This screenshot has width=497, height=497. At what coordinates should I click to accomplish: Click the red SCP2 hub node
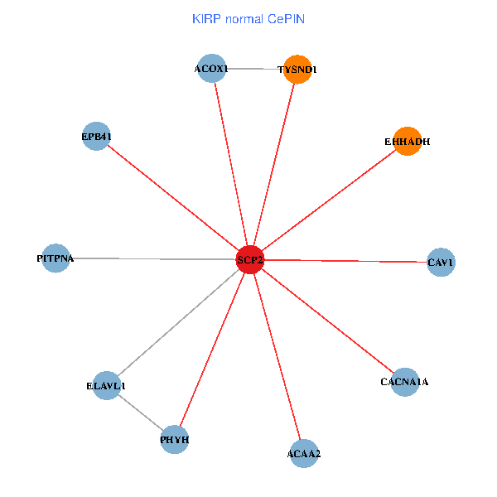click(x=249, y=260)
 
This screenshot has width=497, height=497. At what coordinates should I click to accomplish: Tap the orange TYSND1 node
click(x=297, y=70)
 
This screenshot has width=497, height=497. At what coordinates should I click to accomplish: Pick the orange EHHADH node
click(x=407, y=141)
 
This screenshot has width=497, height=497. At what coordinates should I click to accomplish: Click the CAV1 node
click(x=441, y=263)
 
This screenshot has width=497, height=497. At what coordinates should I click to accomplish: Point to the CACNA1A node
click(x=404, y=382)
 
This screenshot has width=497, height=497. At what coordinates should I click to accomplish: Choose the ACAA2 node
click(x=304, y=453)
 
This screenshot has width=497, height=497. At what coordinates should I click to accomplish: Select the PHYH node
click(x=175, y=439)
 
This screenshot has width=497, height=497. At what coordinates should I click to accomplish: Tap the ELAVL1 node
click(x=106, y=386)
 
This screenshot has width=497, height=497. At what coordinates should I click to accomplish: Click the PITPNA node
click(x=55, y=258)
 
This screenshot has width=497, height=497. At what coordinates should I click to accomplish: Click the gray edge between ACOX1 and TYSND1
click(x=254, y=69)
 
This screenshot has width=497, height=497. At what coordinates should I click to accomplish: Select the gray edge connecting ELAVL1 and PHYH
click(x=140, y=413)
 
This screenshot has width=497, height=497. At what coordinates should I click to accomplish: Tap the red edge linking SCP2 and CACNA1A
click(x=326, y=321)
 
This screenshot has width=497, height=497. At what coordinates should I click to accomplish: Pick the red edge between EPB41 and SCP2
click(x=173, y=198)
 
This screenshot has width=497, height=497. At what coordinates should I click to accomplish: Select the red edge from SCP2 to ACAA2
click(x=277, y=356)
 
